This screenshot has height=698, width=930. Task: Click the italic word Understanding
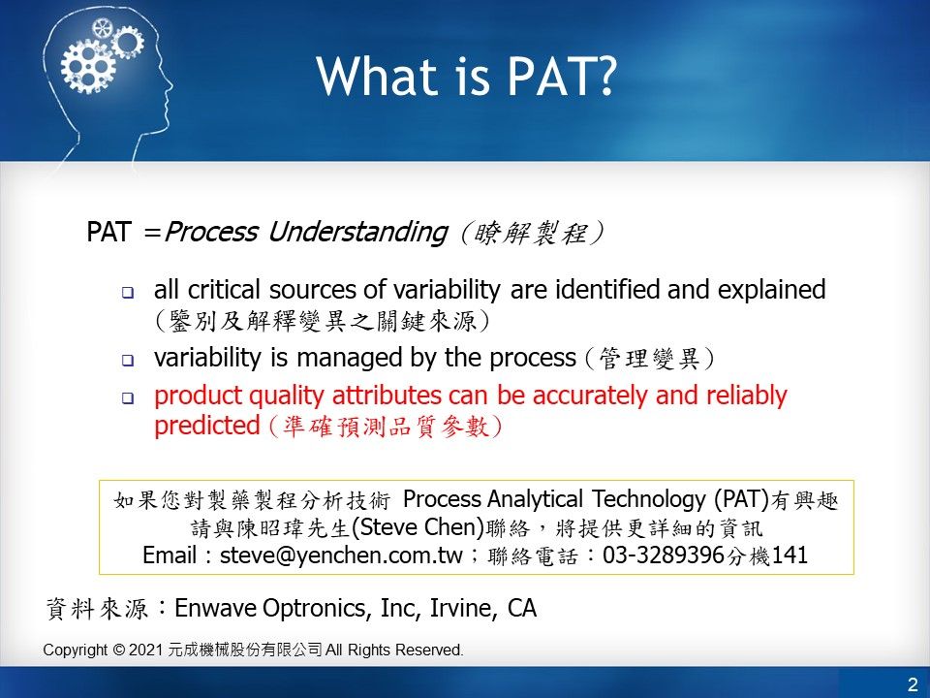pyautogui.click(x=357, y=232)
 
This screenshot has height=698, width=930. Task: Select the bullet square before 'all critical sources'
pyautogui.click(x=128, y=293)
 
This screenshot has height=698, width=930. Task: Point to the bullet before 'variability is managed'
pyautogui.click(x=128, y=361)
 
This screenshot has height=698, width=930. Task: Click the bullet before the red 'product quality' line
pyautogui.click(x=128, y=398)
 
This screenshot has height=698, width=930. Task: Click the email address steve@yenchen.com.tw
pyautogui.click(x=341, y=555)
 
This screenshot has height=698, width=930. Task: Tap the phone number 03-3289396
pyautogui.click(x=664, y=555)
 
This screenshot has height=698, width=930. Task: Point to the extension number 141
pyautogui.click(x=790, y=555)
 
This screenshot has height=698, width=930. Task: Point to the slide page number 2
pyautogui.click(x=913, y=683)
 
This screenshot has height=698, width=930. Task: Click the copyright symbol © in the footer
pyautogui.click(x=118, y=650)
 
